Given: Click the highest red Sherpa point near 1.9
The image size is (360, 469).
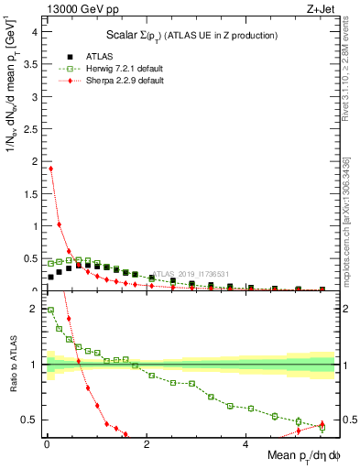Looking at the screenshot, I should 51,169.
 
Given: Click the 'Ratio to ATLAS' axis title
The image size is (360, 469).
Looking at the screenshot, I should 12,364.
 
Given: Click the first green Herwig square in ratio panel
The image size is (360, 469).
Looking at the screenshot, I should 51,311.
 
